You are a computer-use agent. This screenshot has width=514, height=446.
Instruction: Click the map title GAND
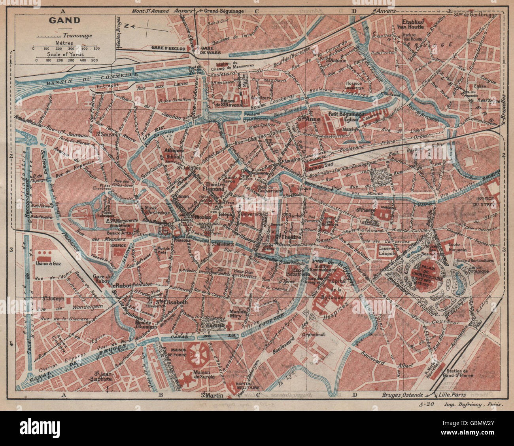59,20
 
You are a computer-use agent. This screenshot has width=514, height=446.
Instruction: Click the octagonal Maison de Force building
197,354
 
